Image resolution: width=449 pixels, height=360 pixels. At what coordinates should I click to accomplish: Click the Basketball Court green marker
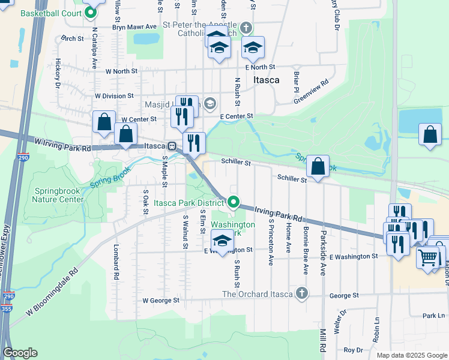tap(91, 12)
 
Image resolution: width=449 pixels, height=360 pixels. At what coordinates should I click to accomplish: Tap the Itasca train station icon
tap(171, 146)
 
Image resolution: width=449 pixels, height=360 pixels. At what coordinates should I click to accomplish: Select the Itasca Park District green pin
tap(234, 203)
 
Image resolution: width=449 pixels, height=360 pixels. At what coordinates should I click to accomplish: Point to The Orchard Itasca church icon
tap(301, 293)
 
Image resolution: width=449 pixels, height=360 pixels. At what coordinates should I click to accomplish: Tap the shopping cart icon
tap(427, 258)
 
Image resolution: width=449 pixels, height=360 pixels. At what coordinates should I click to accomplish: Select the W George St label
tap(161, 300)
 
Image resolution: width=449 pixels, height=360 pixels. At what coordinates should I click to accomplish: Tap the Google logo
tap(20, 353)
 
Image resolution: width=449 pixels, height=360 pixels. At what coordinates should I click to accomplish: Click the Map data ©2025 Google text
tap(411, 355)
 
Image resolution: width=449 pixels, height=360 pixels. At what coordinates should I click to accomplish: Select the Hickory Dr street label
tap(58, 73)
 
